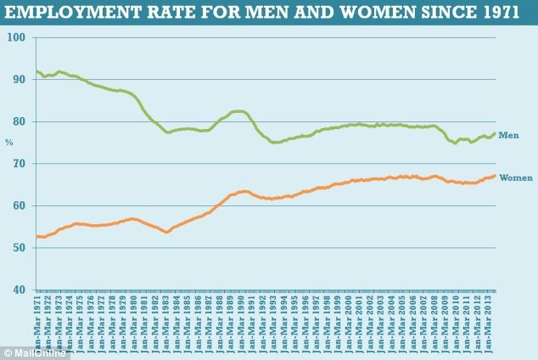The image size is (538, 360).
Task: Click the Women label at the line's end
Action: tap(516, 177)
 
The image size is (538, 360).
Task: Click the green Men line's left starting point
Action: tap(36, 71)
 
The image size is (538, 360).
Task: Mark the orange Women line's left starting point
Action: tap(36, 236)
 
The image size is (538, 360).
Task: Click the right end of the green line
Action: tap(495, 133)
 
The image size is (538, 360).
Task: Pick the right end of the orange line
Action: tap(495, 176)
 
